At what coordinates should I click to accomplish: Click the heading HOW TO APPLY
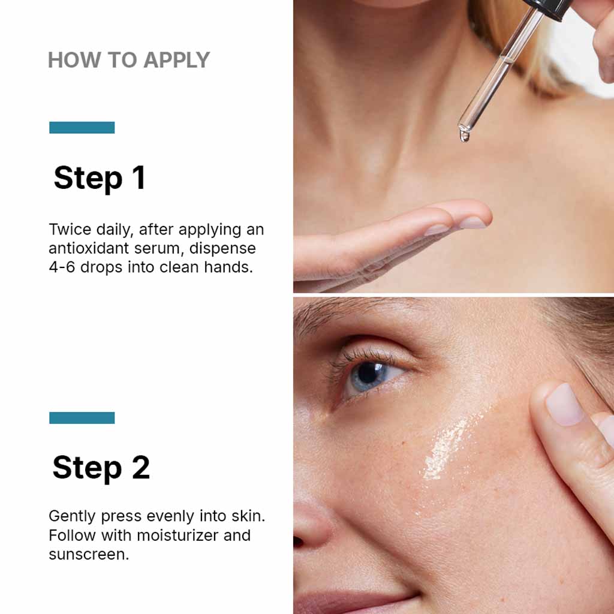[128, 60]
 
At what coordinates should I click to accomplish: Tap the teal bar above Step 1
[82, 127]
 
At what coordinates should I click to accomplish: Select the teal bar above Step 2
[82, 417]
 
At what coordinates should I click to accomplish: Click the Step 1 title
[100, 178]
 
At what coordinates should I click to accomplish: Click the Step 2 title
[101, 468]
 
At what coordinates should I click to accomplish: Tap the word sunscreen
[88, 554]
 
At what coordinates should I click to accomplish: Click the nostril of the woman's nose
[297, 541]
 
